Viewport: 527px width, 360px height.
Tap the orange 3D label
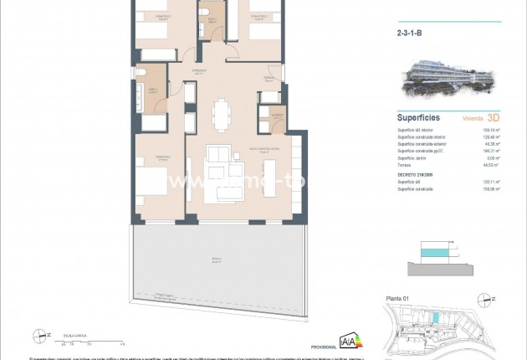coord(493,118)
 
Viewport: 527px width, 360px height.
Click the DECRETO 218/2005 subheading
coord(417,173)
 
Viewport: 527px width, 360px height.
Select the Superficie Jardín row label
coord(413,158)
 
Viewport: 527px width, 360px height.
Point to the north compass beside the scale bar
coord(38,336)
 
